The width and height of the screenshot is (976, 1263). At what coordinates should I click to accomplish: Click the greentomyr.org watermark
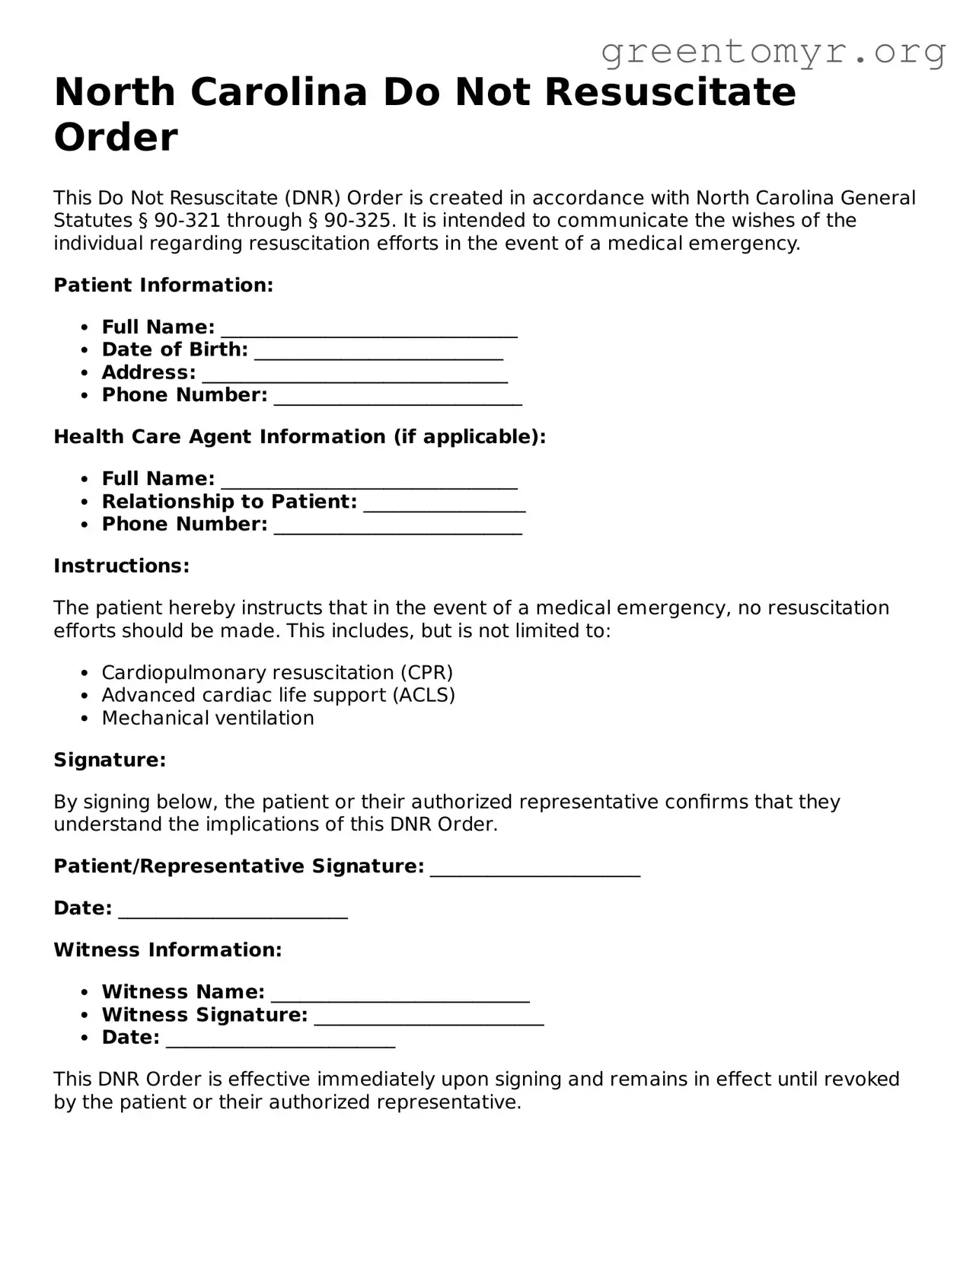pos(773,52)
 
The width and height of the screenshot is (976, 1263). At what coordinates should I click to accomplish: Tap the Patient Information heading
pos(163,285)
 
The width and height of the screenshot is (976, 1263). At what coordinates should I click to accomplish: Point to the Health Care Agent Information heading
pos(300,437)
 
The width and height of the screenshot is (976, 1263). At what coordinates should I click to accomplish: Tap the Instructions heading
pos(121,566)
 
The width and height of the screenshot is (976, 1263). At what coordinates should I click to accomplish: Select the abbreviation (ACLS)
pos(423,696)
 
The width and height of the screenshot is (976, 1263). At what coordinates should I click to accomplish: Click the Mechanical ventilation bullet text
pos(208,719)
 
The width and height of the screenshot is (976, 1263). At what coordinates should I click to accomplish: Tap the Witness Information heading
pos(167,951)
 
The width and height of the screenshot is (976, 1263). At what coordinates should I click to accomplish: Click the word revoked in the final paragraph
pos(862,1080)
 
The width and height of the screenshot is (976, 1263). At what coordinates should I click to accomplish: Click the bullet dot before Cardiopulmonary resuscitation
pos(85,674)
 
